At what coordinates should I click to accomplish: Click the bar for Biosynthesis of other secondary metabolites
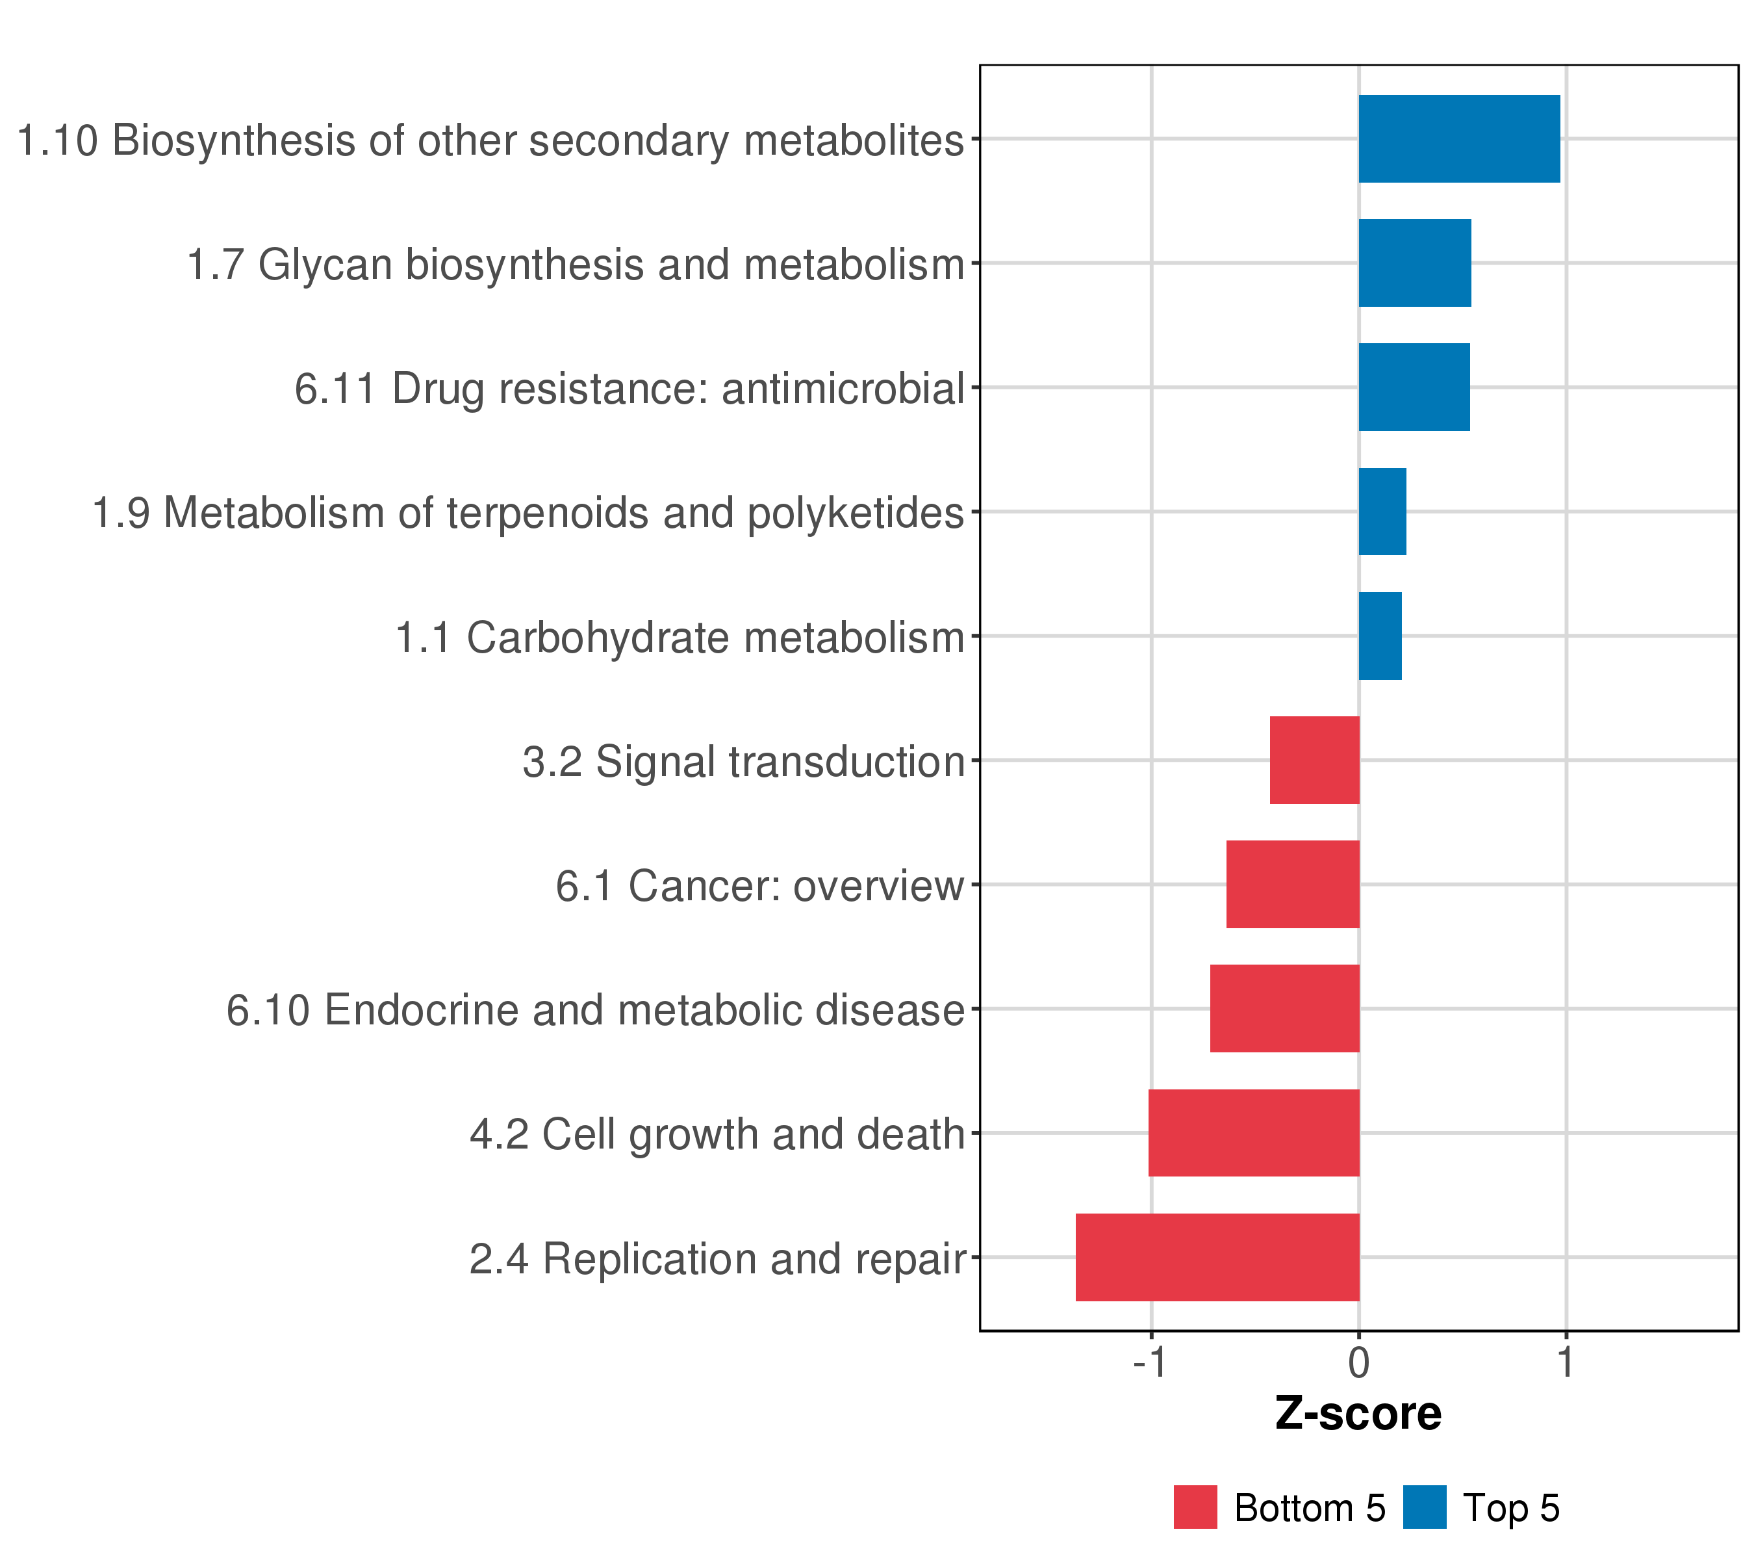tap(1459, 138)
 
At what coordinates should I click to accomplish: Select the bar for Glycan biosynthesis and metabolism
tap(1414, 263)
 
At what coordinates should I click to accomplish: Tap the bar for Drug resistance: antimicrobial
tap(1414, 387)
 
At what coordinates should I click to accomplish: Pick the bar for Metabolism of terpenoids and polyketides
tap(1382, 512)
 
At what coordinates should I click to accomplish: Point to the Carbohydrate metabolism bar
tap(1380, 636)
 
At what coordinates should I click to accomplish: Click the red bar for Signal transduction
tap(1315, 760)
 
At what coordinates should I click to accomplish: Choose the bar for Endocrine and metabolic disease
tap(1284, 1008)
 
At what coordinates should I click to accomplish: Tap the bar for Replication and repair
tap(1217, 1257)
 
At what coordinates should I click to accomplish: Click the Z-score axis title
tap(1358, 1414)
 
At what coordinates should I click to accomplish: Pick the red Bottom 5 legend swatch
tap(1195, 1507)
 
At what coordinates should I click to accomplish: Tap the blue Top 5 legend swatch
tap(1425, 1507)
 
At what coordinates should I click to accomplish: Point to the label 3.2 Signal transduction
tap(744, 762)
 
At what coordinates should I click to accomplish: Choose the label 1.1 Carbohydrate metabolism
tap(680, 638)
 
